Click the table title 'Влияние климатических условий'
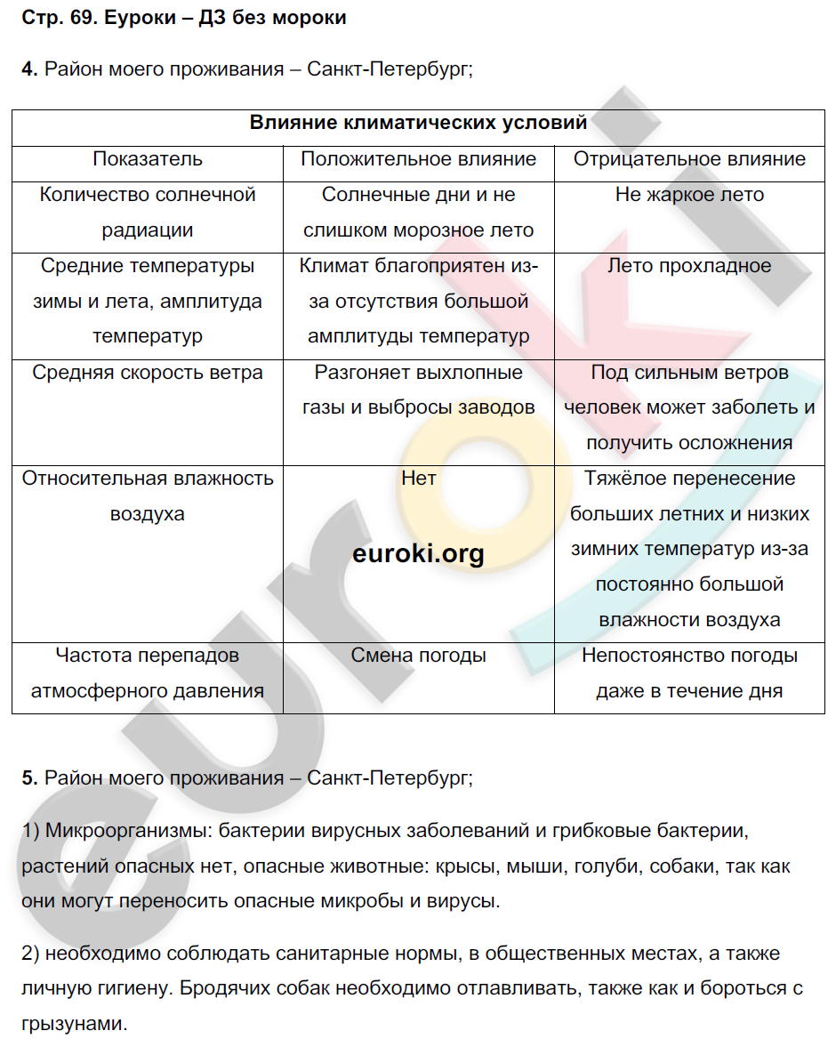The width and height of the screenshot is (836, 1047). [418, 124]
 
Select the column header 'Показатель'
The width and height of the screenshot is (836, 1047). [148, 159]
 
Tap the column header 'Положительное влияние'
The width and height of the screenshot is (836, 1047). [418, 159]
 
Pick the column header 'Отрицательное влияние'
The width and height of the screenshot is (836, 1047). [689, 159]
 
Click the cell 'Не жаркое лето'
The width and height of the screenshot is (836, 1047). [689, 195]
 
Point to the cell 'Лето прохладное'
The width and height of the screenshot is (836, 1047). [689, 266]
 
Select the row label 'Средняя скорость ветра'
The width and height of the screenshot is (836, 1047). [148, 373]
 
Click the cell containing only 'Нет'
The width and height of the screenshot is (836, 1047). [418, 479]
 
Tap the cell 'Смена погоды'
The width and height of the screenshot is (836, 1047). [418, 656]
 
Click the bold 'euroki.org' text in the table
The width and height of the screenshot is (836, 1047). [418, 554]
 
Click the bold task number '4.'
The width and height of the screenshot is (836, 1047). [29, 70]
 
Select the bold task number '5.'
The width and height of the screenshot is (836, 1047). [29, 778]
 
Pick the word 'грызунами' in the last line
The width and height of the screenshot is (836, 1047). [74, 1024]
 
